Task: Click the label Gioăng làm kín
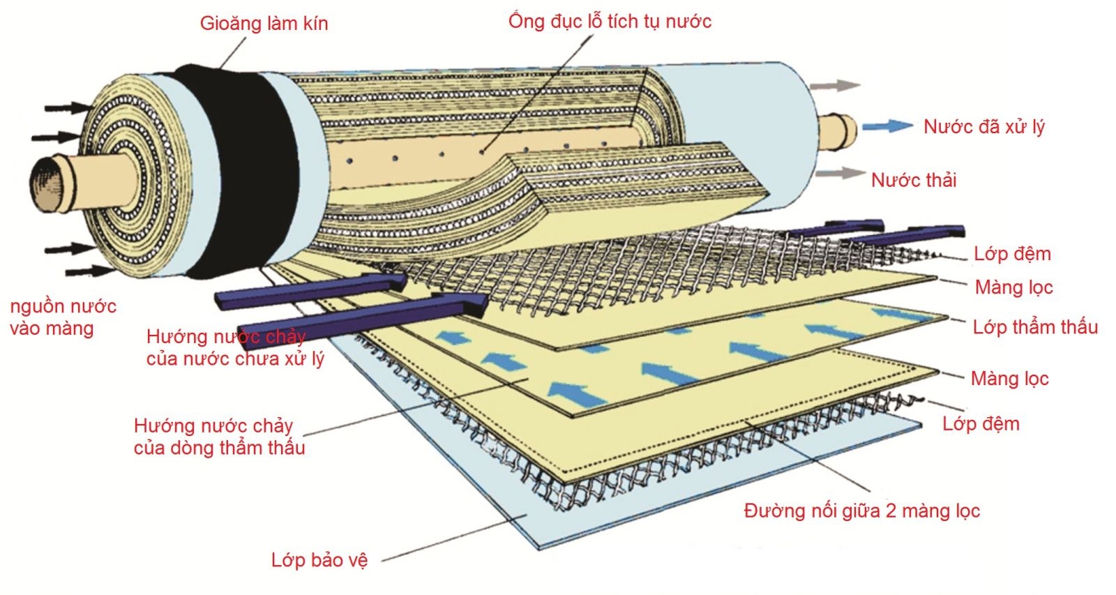pos(264,24)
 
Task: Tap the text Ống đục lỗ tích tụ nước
pos(610,21)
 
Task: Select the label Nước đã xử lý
pos(983,127)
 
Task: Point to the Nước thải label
pos(914,181)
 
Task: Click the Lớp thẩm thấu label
pos(1035,327)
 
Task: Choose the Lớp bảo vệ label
pos(319,560)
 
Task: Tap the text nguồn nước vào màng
pos(63,317)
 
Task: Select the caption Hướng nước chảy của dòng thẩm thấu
pos(219,437)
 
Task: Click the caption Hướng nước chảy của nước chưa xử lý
pos(234,347)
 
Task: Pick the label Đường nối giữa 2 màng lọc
pos(861,511)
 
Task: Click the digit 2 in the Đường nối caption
pos(891,511)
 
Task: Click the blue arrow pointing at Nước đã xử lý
pos(887,126)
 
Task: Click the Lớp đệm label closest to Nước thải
pos(1012,254)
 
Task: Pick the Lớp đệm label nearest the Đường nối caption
pos(981,424)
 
